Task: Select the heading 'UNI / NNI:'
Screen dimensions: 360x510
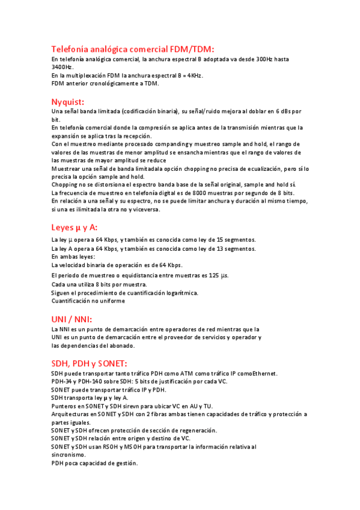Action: point(72,319)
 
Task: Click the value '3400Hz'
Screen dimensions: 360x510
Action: point(61,67)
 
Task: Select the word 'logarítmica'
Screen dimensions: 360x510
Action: point(180,293)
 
